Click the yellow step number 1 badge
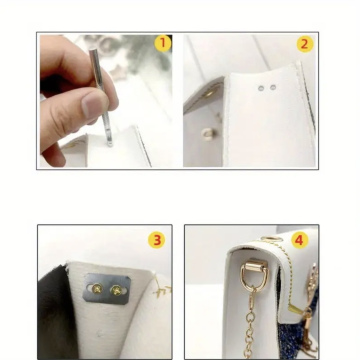[x=162, y=44]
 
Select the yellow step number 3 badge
[x=156, y=240]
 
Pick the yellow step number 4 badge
[x=299, y=240]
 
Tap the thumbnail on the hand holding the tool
[x=93, y=104]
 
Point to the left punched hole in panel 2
[x=261, y=88]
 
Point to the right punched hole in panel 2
[x=273, y=88]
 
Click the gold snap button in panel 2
[x=208, y=132]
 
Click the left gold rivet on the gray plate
[x=96, y=289]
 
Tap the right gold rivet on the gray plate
[x=118, y=289]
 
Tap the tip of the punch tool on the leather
[x=108, y=141]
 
